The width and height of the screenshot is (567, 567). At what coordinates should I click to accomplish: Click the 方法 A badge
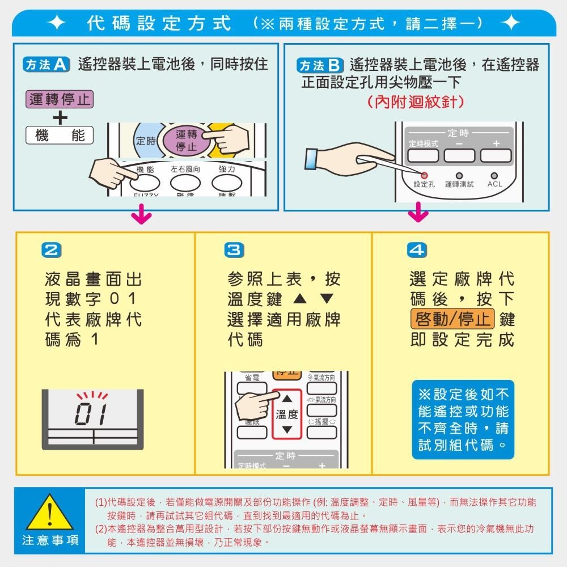click(x=45, y=65)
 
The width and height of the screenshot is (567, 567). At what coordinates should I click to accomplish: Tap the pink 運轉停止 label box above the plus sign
click(x=60, y=100)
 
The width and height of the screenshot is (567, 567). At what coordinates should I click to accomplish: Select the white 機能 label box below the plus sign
click(x=60, y=136)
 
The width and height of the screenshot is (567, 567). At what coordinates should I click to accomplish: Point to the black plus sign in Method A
click(x=60, y=118)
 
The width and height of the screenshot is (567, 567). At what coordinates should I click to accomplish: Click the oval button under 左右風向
click(x=185, y=183)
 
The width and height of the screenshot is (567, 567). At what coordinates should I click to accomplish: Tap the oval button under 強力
click(x=227, y=183)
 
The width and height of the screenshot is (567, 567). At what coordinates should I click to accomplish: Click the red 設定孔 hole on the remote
click(x=424, y=176)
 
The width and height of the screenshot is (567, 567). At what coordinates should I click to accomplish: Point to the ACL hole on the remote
click(x=494, y=176)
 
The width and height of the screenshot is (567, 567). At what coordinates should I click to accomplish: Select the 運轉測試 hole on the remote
click(x=459, y=176)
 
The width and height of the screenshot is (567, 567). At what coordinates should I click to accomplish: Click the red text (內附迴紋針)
click(x=416, y=103)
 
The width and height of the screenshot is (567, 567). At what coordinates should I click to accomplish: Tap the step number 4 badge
click(x=415, y=250)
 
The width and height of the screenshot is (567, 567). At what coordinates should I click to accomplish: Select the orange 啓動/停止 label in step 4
click(x=453, y=319)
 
